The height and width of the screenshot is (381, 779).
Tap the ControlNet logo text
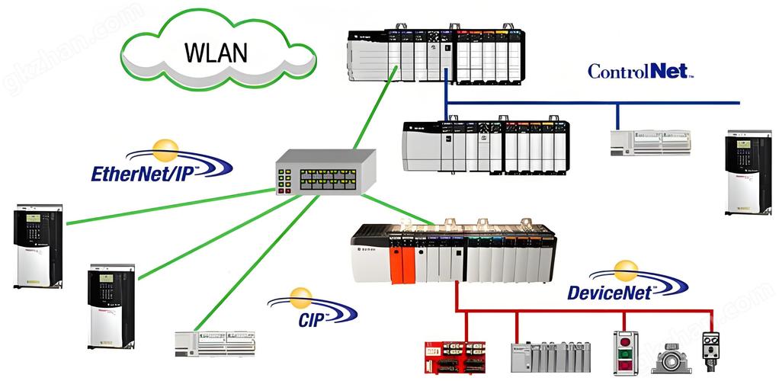click(x=640, y=72)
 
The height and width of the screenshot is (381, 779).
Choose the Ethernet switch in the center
click(x=325, y=172)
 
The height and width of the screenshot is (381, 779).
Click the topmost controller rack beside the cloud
click(x=436, y=57)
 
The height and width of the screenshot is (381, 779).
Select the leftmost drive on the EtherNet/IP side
click(x=37, y=245)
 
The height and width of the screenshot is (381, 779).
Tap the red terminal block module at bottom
click(x=455, y=356)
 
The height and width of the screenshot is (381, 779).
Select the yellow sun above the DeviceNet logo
click(x=626, y=270)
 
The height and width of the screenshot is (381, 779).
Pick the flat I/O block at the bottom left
click(x=216, y=344)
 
